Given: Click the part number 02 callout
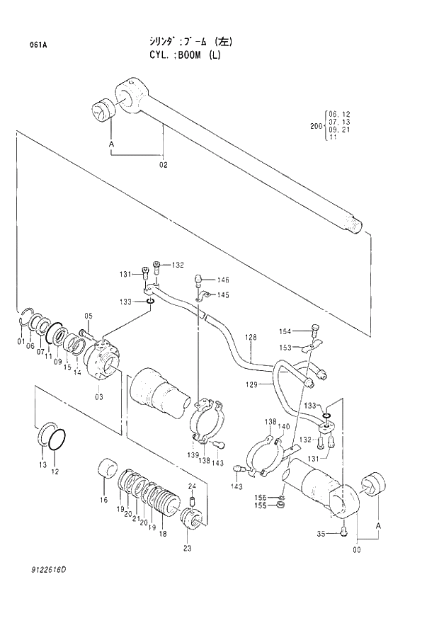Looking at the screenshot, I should (x=163, y=165).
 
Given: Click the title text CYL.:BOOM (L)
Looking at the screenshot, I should (x=180, y=55).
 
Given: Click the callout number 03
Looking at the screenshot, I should (x=99, y=396).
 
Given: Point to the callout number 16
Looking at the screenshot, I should (x=103, y=500).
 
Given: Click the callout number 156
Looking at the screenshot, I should (x=261, y=498).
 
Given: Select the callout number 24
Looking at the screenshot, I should (x=191, y=486).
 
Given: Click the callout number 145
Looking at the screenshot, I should (x=223, y=295).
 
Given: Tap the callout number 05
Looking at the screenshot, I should (x=89, y=316).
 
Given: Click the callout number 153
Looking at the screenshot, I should (x=285, y=348).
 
